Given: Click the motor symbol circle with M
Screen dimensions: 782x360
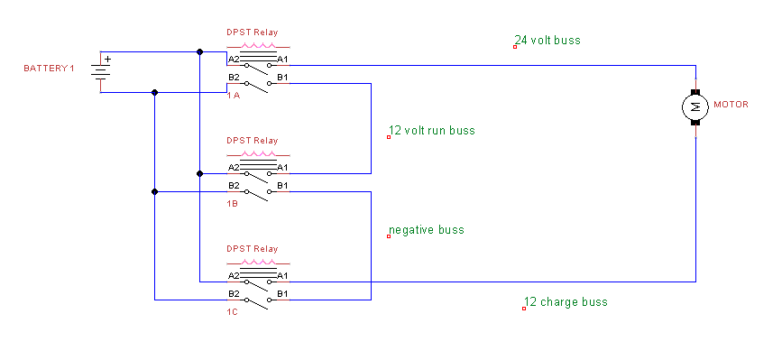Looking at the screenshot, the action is coord(695,106).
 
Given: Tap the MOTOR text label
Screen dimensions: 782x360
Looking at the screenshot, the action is coord(731,105).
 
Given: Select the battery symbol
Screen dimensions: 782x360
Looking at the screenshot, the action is coord(100,72).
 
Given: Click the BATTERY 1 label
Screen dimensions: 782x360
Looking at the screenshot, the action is coord(49,69).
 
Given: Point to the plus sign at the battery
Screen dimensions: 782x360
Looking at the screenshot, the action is coord(107,59).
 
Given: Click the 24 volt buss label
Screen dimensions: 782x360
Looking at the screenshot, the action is coord(547,40).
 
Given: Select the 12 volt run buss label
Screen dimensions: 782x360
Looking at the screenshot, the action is coord(432,131).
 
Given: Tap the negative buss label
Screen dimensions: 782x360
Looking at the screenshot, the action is coord(427,230).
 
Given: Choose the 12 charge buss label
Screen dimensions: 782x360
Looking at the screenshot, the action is coord(566,301).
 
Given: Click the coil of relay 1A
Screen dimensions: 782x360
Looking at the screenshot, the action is coord(258,46).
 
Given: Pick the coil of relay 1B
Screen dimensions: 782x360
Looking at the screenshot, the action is coord(258,154).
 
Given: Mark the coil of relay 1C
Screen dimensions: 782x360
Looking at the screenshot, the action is coord(258,263).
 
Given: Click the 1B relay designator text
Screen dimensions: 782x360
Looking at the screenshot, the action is coord(233,204).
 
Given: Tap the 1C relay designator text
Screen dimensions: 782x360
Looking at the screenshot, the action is coord(233,312).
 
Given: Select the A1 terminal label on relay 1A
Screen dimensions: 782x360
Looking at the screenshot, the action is coord(283,60).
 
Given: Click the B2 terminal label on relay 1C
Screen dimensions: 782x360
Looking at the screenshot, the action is coord(234,294).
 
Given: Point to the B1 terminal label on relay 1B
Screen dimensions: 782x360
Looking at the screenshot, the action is coord(283,186).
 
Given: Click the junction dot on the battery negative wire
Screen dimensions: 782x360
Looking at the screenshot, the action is coord(154,92).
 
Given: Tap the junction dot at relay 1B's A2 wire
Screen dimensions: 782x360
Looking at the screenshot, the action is coord(199,173).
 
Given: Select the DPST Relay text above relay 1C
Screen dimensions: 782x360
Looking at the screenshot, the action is coord(253,249).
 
